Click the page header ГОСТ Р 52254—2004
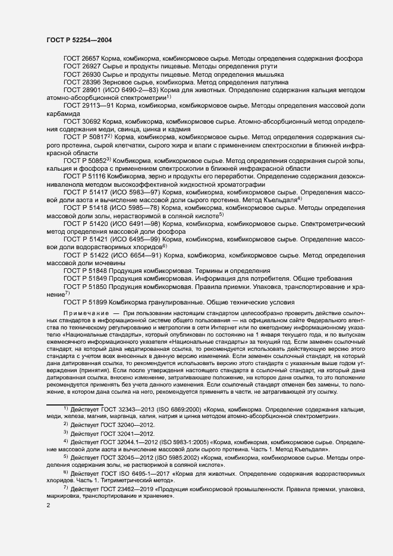(x=79, y=40)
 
